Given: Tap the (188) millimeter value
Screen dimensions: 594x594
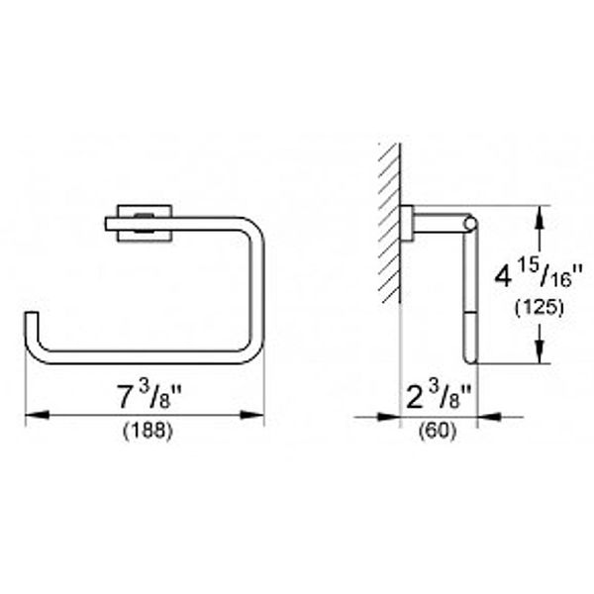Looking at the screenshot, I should [146, 433].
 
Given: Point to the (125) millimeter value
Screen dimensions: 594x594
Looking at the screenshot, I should [539, 307].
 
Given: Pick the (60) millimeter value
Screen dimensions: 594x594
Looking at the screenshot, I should [439, 433].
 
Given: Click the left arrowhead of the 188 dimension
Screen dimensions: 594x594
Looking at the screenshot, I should [32, 417].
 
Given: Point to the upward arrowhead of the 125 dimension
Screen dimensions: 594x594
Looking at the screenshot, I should [539, 212].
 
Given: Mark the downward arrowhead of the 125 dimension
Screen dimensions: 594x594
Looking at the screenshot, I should [539, 357].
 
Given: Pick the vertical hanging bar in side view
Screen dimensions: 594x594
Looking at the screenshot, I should [469, 297].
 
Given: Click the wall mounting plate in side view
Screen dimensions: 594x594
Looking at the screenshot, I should [406, 224].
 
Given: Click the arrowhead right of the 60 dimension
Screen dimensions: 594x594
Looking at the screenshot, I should [485, 417].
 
